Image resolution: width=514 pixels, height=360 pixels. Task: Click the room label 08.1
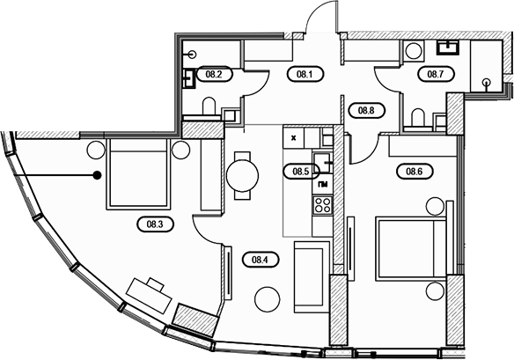pyautogui.click(x=305, y=74)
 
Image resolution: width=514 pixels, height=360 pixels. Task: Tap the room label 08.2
pyautogui.click(x=214, y=74)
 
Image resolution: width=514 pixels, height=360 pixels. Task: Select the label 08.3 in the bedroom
pyautogui.click(x=155, y=224)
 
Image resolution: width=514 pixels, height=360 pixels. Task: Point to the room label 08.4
pyautogui.click(x=260, y=260)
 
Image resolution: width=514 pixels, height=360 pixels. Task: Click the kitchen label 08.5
pyautogui.click(x=301, y=171)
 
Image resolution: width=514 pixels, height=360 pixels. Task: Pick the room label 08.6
pyautogui.click(x=415, y=171)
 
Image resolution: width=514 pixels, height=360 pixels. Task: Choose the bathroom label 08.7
pyautogui.click(x=436, y=74)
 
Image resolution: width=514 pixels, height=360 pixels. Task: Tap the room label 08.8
pyautogui.click(x=366, y=110)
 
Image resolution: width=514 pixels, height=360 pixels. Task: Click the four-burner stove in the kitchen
pyautogui.click(x=322, y=205)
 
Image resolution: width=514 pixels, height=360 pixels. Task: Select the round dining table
pyautogui.click(x=243, y=175)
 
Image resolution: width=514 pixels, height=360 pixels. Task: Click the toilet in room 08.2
pyautogui.click(x=209, y=107)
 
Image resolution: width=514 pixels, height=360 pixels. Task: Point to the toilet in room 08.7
pyautogui.click(x=417, y=117)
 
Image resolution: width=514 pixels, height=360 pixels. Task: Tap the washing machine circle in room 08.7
pyautogui.click(x=413, y=51)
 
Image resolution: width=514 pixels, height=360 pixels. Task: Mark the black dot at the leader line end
pyautogui.click(x=97, y=175)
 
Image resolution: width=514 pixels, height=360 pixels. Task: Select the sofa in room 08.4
pyautogui.click(x=312, y=277)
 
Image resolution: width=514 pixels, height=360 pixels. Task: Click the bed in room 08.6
pyautogui.click(x=411, y=248)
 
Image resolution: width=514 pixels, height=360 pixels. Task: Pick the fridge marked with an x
pyautogui.click(x=294, y=137)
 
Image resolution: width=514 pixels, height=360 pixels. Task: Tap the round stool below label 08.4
pyautogui.click(x=268, y=299)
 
